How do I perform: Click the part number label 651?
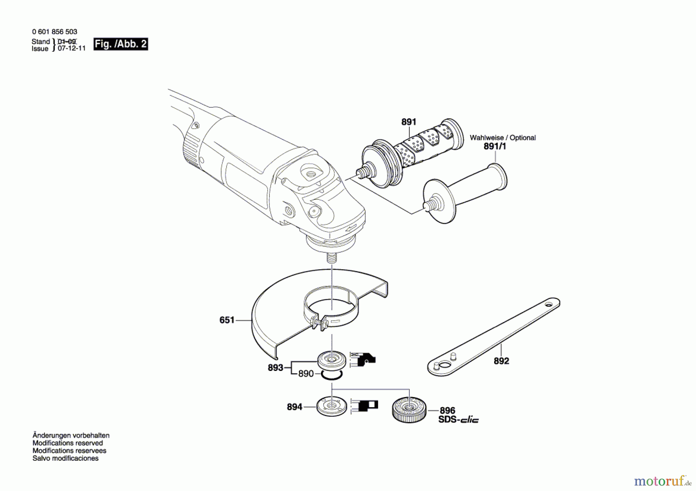pos(227,320)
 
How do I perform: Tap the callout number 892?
pos(501,361)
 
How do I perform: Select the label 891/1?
pos(495,147)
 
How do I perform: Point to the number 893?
pos(275,368)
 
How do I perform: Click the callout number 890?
pos(306,374)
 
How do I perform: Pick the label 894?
pos(294,407)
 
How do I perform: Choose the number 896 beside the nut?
pos(447,411)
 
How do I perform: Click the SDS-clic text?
pos(458,420)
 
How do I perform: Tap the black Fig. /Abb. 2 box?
pos(121,44)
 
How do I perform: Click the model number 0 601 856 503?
pos(55,32)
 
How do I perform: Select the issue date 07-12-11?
pos(72,49)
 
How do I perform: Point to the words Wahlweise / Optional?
pos(503,138)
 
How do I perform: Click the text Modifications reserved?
pos(68,443)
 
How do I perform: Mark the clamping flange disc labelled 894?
pos(331,406)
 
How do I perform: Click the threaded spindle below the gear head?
pos(331,258)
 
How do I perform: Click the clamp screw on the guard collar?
pos(318,321)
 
